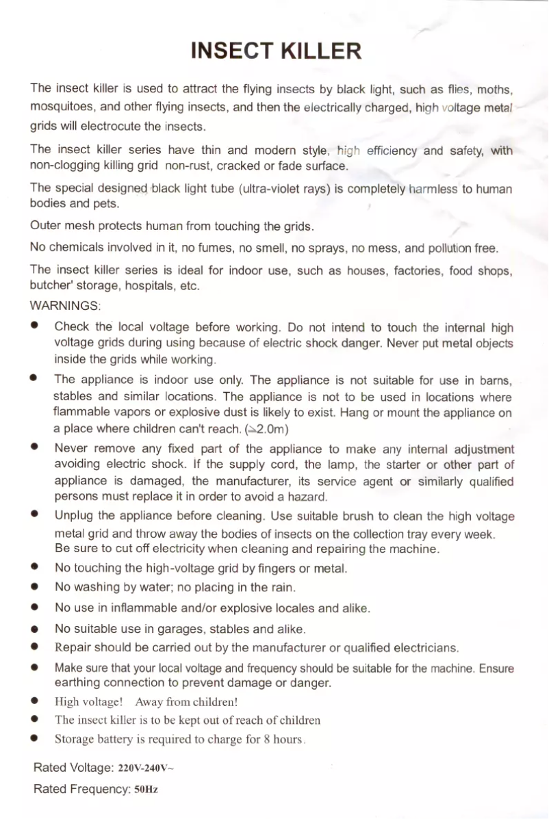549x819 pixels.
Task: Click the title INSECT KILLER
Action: pyautogui.click(x=275, y=51)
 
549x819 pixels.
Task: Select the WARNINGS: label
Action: pyautogui.click(x=65, y=304)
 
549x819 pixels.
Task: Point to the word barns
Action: pyautogui.click(x=497, y=380)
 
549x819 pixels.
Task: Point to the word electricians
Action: pyautogui.click(x=420, y=647)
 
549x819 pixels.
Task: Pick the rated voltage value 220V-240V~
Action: pyautogui.click(x=146, y=768)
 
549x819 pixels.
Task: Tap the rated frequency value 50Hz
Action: pyautogui.click(x=146, y=790)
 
